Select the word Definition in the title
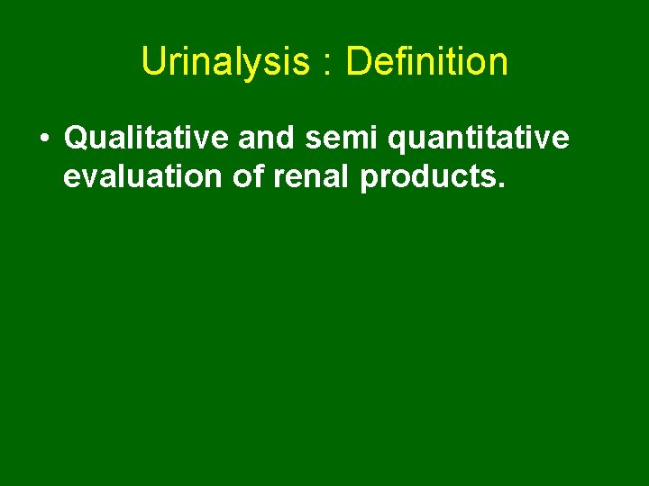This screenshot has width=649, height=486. (426, 62)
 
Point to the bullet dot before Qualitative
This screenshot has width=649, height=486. (43, 139)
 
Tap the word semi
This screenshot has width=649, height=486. (334, 139)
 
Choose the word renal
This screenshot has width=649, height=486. (311, 176)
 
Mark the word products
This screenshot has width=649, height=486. (426, 178)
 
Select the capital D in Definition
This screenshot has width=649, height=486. (357, 62)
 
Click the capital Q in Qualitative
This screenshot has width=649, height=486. (78, 139)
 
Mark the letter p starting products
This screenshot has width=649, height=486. (370, 180)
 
